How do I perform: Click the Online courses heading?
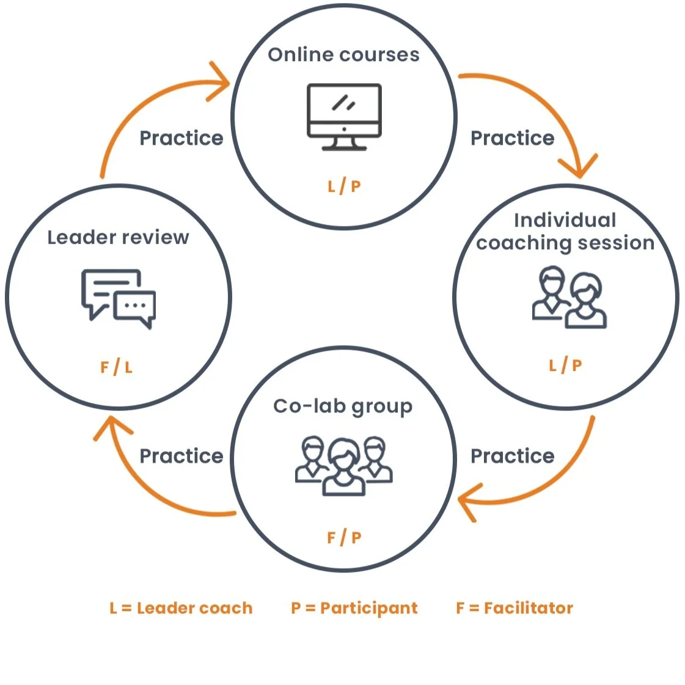tap(343, 55)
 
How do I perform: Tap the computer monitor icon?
tap(343, 117)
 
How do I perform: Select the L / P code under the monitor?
tap(344, 186)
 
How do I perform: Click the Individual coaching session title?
tap(565, 232)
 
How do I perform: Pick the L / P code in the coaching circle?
tap(565, 365)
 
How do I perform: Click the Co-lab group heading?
tap(343, 407)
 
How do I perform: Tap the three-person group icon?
tap(343, 465)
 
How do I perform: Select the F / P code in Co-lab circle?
tap(344, 538)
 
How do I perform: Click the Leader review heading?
tap(118, 237)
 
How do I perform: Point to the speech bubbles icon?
tap(119, 298)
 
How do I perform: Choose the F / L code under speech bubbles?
tap(117, 367)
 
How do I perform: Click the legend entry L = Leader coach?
tap(181, 608)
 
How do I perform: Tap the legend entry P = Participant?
tap(354, 608)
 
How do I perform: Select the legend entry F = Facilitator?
tap(515, 608)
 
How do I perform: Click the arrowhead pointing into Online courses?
tap(220, 82)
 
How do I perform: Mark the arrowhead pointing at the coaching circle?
tap(578, 166)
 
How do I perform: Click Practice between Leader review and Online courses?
tap(181, 138)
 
